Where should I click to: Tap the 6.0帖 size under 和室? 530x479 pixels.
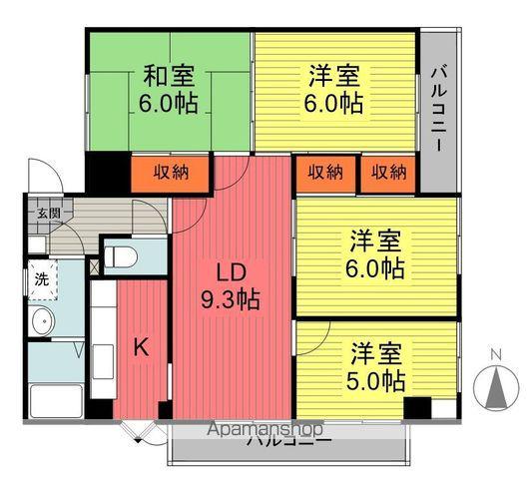click(x=168, y=102)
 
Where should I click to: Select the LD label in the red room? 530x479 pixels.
click(x=231, y=270)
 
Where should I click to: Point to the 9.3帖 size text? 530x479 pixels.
click(x=231, y=298)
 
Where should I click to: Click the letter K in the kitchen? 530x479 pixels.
click(x=142, y=347)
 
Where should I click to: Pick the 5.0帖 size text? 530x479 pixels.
click(x=376, y=380)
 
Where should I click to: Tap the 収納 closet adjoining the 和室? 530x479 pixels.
click(x=170, y=172)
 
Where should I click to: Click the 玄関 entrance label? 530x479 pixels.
click(x=49, y=213)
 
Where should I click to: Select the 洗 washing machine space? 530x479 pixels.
click(x=41, y=279)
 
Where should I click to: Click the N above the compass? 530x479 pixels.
click(x=495, y=352)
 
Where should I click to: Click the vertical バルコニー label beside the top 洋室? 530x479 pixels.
click(x=438, y=109)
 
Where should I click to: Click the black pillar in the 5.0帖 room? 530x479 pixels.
click(x=417, y=407)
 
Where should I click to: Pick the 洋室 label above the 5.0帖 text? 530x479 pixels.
click(x=376, y=352)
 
